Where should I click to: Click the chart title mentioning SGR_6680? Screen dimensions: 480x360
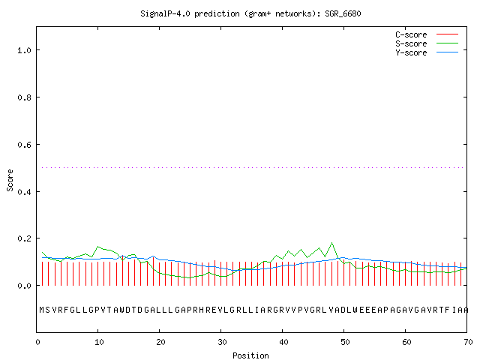coord(250,13)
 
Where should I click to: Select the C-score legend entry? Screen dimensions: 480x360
coord(427,34)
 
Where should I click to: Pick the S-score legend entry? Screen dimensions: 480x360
coord(427,43)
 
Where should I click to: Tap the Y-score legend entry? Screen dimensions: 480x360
coord(427,52)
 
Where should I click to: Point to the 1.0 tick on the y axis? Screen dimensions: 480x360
coord(24,50)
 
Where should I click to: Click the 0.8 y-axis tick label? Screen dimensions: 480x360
coord(24,97)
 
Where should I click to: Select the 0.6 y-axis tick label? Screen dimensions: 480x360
coord(24,145)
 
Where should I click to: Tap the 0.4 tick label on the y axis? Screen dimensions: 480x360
coord(24,192)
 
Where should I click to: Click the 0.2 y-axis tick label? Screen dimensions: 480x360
coord(24,238)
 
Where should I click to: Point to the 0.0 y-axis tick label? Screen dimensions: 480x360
coord(24,286)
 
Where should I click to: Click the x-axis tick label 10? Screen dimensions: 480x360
coord(99,342)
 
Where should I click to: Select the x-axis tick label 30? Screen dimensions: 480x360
coord(222,342)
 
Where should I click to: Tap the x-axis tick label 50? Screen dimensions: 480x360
coord(345,342)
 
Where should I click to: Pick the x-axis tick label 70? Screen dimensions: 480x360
coord(468,342)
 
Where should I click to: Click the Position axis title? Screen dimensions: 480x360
coord(250,355)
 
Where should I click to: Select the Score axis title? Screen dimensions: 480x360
coord(10,180)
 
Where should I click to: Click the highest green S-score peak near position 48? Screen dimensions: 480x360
coord(331,243)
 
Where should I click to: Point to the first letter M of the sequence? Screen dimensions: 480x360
coord(42,310)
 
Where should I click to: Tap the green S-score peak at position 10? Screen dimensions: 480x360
coord(98,247)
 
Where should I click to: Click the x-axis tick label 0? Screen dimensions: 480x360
coord(37,342)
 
